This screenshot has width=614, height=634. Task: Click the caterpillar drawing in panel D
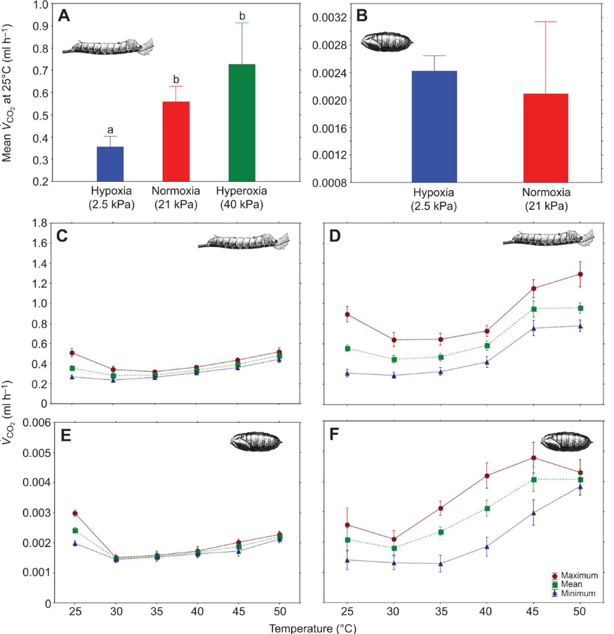[548, 239]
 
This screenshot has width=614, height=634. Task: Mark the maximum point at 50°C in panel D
[580, 274]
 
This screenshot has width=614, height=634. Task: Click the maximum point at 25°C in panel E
[74, 513]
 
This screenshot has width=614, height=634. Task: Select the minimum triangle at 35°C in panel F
[440, 564]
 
